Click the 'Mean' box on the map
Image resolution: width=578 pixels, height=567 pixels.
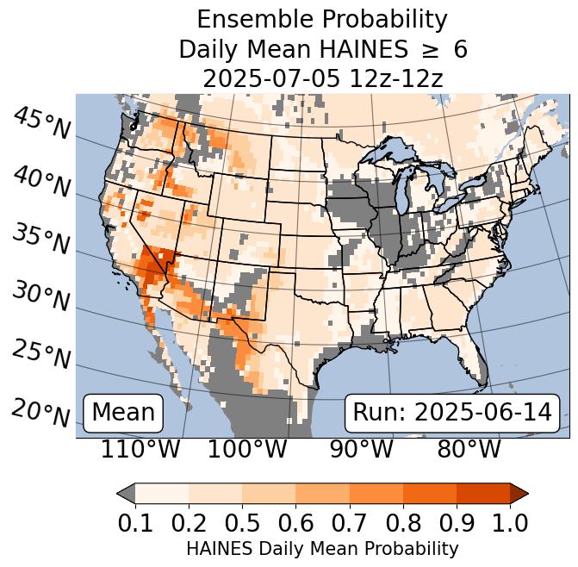pos(123,413)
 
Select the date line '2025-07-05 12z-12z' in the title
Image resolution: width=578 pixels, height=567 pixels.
pos(322,78)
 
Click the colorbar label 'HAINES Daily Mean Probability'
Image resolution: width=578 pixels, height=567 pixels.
pos(322,548)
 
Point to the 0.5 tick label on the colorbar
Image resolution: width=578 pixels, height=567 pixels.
pos(242,522)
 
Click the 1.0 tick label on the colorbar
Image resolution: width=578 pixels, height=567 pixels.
pos(509,522)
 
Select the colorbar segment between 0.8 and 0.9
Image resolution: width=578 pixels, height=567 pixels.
pos(429,493)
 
